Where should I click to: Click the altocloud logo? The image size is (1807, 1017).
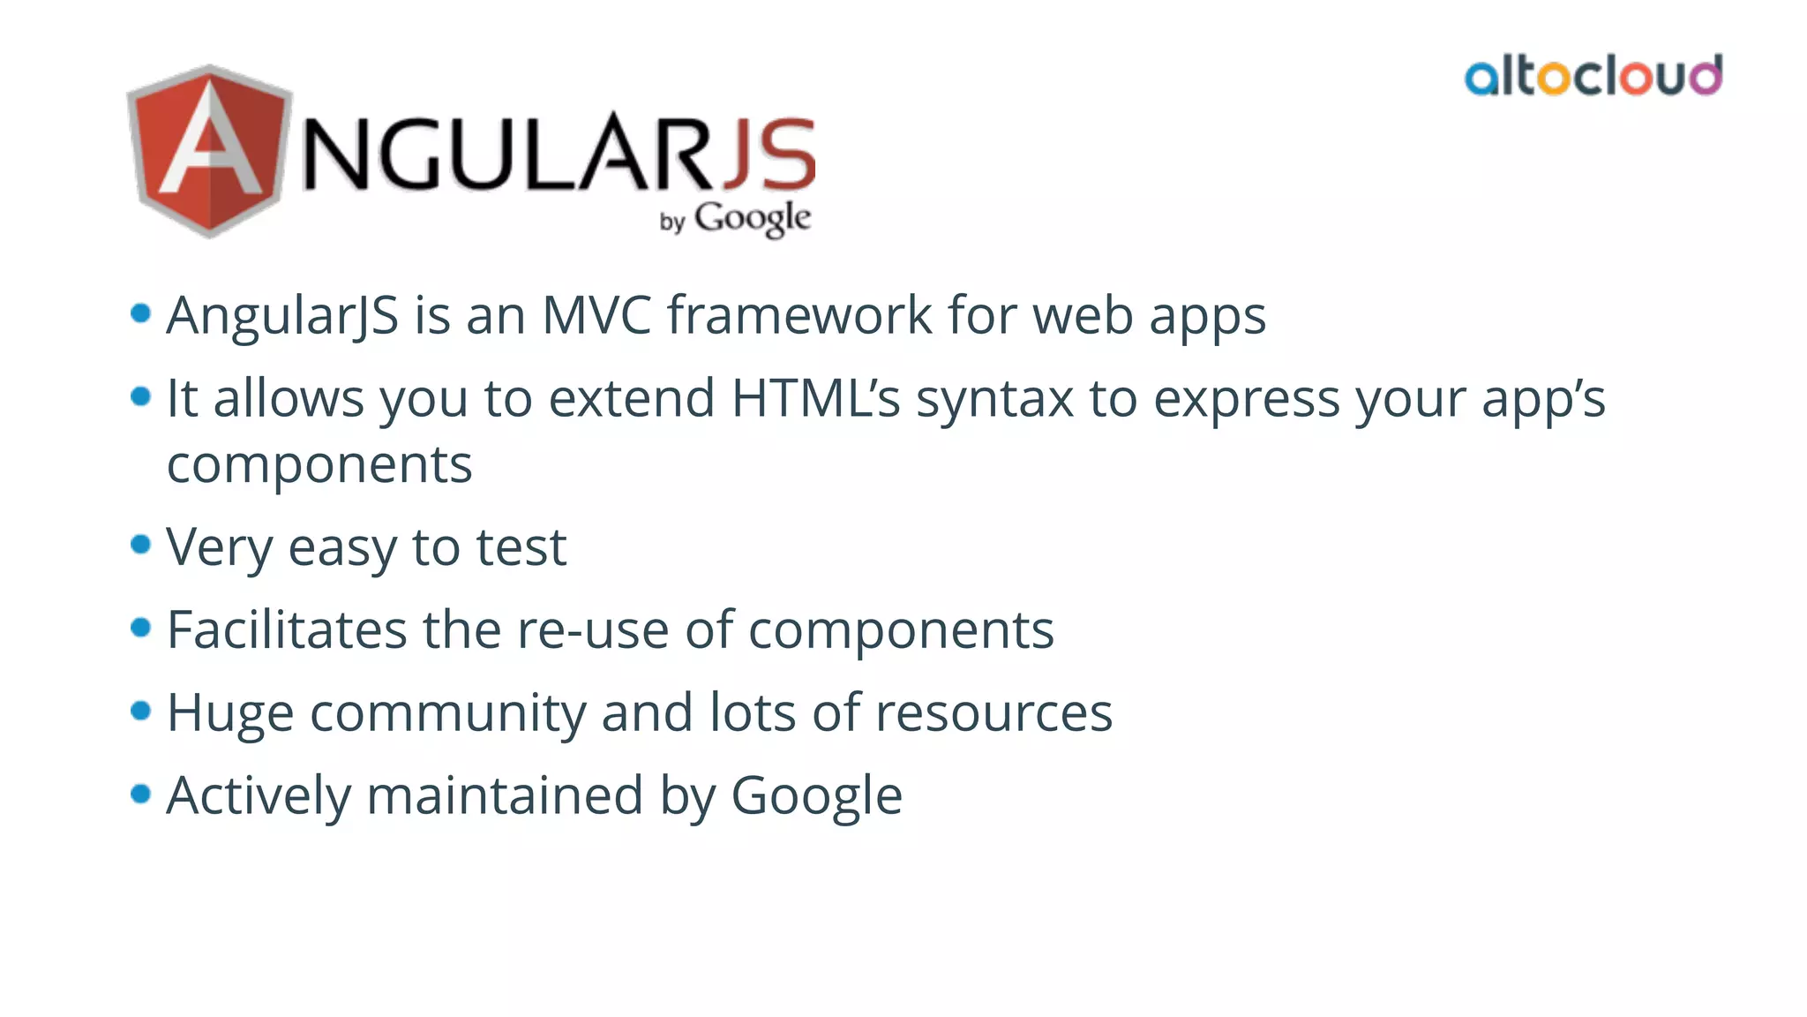coord(1593,76)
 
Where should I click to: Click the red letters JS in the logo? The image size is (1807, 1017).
coord(768,154)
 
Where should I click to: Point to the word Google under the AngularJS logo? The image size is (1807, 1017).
coord(752,218)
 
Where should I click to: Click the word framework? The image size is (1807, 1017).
coord(799,315)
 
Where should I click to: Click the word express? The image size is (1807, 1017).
coord(1247,398)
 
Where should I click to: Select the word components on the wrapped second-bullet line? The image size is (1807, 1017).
coord(319,464)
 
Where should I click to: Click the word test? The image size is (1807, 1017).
coord(521,547)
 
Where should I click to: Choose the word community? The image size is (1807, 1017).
coord(447,712)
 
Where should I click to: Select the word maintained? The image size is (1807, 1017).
coord(506,795)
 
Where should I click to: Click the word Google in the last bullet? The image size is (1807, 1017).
coord(816,795)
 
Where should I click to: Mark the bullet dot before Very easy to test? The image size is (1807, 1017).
coord(140,545)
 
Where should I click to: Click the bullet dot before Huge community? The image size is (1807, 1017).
coord(140,710)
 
